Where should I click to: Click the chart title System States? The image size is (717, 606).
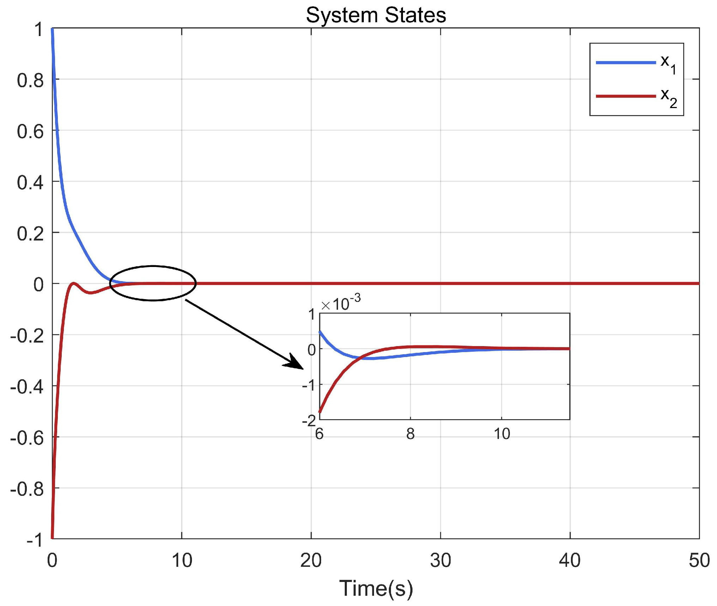(376, 16)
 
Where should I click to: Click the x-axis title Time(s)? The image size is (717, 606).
(376, 588)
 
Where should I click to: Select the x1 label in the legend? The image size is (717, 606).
(668, 64)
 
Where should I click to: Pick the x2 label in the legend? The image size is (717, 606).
(668, 97)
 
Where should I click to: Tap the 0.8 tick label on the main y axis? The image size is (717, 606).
(30, 81)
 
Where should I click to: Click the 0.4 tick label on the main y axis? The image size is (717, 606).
(30, 183)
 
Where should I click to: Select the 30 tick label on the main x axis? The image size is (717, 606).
(440, 561)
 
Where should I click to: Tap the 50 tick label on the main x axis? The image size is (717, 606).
(699, 561)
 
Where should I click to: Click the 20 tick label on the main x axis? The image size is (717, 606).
(311, 561)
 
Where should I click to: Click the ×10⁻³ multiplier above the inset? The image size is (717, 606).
(341, 303)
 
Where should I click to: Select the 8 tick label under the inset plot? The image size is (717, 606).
(410, 434)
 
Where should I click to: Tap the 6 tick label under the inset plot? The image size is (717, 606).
(319, 434)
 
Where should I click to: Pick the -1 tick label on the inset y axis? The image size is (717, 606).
(309, 385)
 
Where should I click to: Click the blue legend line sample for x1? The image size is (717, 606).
(626, 63)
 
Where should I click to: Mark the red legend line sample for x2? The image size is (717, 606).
(626, 96)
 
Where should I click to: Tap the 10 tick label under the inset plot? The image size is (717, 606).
(501, 434)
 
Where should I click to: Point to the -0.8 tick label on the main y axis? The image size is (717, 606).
(27, 489)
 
